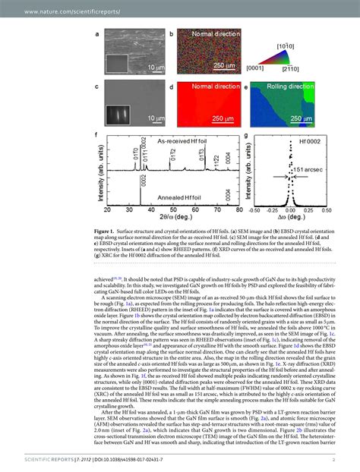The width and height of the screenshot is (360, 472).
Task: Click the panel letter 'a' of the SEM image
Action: pyautogui.click(x=98, y=34)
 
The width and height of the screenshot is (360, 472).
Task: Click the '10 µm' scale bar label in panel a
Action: pyautogui.click(x=155, y=68)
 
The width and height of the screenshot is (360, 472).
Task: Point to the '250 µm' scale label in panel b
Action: pyautogui.click(x=223, y=68)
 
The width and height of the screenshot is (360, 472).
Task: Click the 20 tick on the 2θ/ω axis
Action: pyautogui.click(x=107, y=209)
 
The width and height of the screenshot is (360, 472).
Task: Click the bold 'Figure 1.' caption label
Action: pyautogui.click(x=106, y=228)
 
